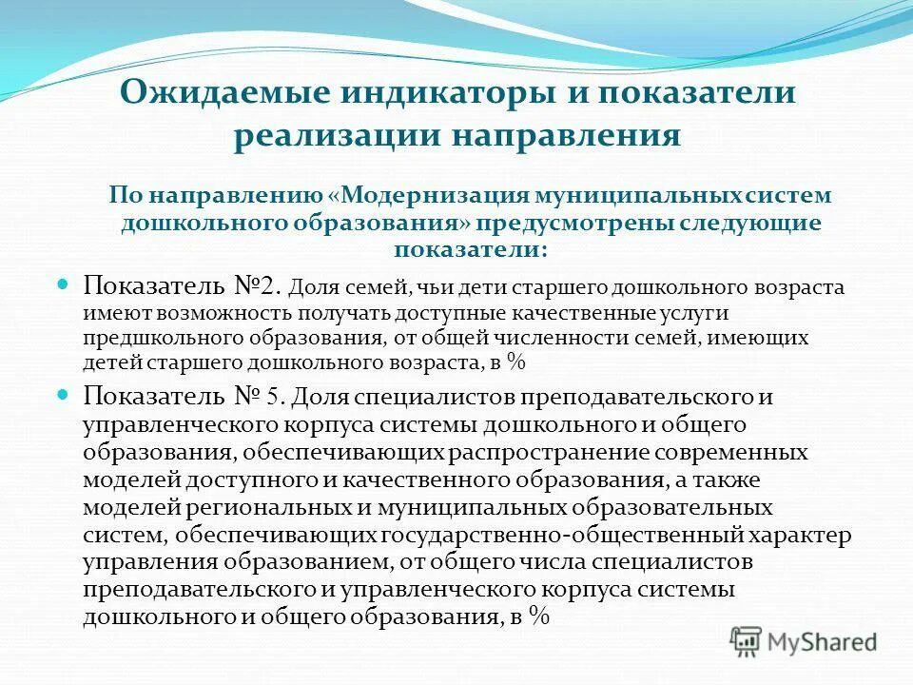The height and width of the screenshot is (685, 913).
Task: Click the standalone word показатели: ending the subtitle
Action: (471, 250)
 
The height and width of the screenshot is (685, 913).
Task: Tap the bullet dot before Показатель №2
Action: (66, 284)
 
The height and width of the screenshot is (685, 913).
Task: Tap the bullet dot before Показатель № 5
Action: (66, 392)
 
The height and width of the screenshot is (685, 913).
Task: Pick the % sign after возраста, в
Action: (516, 362)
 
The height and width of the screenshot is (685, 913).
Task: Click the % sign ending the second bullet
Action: (540, 616)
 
